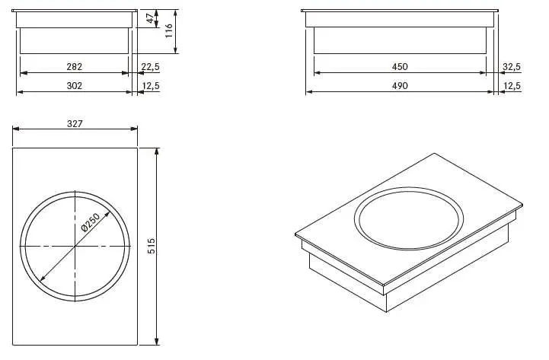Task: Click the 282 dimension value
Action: click(x=74, y=66)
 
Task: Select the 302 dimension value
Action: click(x=74, y=86)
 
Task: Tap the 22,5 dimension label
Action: click(x=151, y=66)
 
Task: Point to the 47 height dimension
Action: click(x=150, y=18)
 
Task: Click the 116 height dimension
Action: click(x=169, y=30)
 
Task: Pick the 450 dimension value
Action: click(x=400, y=66)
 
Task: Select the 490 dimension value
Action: click(x=400, y=86)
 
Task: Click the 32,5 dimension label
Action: click(x=512, y=66)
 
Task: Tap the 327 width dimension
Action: click(x=75, y=124)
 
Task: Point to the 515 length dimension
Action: click(x=152, y=246)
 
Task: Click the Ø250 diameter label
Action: click(x=91, y=222)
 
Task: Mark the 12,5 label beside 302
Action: click(x=151, y=86)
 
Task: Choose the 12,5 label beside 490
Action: click(x=512, y=86)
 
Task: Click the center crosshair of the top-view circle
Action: click(x=75, y=247)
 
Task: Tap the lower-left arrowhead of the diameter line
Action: click(x=43, y=278)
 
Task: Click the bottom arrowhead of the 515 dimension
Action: click(x=157, y=342)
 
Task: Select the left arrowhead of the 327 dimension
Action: click(x=16, y=129)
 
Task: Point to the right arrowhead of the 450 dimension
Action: click(x=484, y=73)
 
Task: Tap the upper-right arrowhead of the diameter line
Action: click(x=107, y=214)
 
